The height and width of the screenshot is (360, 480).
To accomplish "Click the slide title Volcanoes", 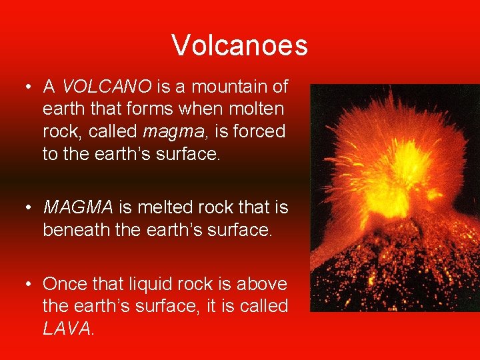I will tap(239, 45).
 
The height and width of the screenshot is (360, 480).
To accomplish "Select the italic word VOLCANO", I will tap(107, 87).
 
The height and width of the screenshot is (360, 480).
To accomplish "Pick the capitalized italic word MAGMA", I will tap(79, 208).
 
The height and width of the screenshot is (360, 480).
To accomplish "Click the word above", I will tap(263, 284).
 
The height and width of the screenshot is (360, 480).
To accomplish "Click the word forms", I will tap(142, 109).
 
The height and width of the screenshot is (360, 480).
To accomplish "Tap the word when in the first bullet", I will tap(197, 109).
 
